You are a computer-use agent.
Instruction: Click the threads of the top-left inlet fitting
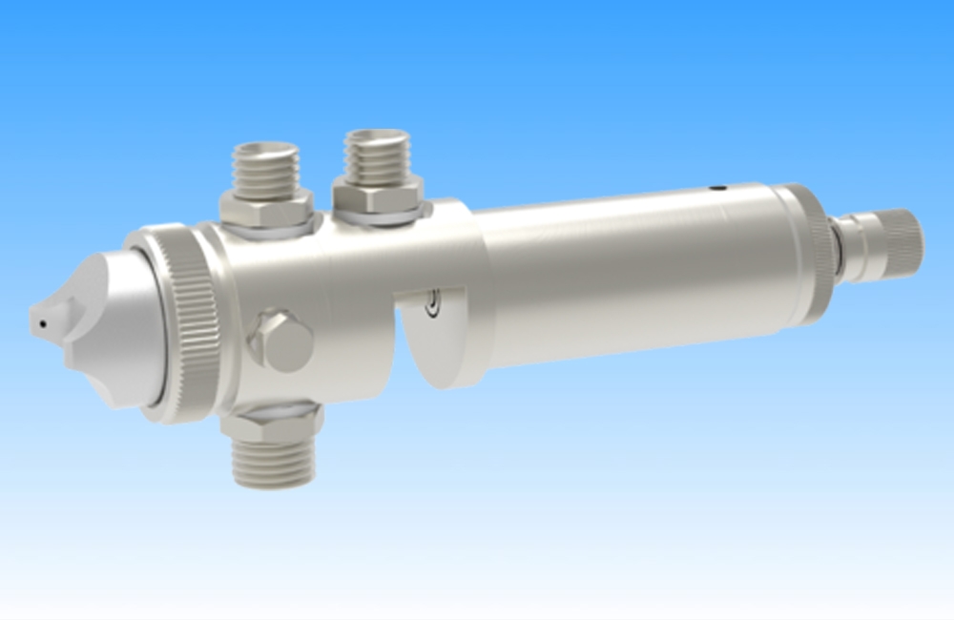click(x=266, y=166)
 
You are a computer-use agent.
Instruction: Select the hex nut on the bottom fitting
click(x=273, y=424)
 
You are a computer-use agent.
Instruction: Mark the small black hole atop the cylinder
click(x=722, y=188)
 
